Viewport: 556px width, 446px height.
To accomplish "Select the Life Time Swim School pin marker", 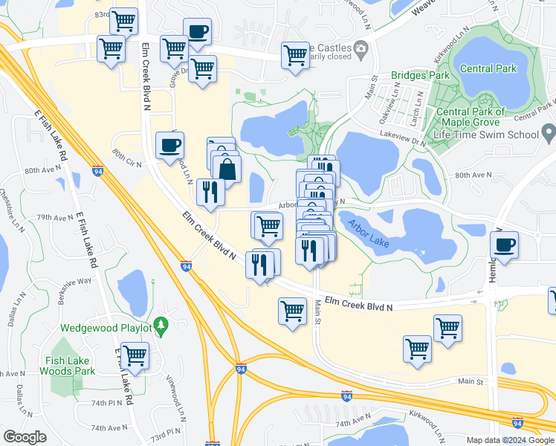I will pyautogui.click(x=549, y=135).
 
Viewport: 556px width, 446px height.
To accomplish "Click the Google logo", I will pyautogui.click(x=25, y=437).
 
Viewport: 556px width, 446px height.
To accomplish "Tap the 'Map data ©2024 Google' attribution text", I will pyautogui.click(x=510, y=440).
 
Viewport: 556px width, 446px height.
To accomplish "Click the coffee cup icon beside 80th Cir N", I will pyautogui.click(x=169, y=145).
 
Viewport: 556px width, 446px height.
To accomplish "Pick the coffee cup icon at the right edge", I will pyautogui.click(x=505, y=245).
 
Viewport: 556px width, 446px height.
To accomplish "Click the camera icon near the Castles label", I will pyautogui.click(x=361, y=50).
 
